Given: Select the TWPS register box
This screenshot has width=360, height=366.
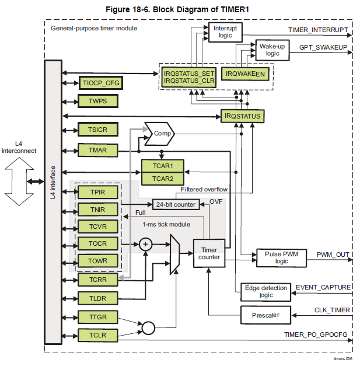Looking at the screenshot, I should point(97,101).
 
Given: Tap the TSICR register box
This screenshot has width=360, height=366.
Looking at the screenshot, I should point(97,129).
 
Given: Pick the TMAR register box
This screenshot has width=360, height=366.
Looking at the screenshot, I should point(97,150).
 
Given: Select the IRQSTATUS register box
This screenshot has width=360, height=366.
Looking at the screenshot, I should point(242,116).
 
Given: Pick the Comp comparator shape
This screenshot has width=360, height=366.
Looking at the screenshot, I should point(158,133).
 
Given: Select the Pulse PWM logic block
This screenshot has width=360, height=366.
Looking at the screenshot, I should point(273,257).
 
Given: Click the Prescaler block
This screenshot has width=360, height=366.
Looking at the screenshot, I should point(266,315).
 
